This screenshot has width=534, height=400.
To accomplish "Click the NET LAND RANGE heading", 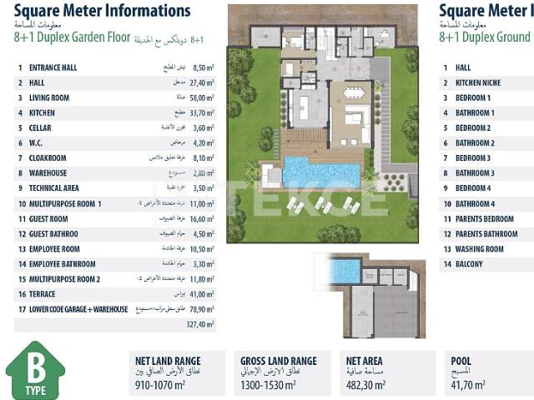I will pos(168,361).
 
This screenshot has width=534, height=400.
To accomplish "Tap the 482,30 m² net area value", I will pos(365,386).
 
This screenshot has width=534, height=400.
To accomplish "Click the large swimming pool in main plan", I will pos(320,172).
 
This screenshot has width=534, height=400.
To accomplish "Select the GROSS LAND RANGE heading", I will pos(278,361).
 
